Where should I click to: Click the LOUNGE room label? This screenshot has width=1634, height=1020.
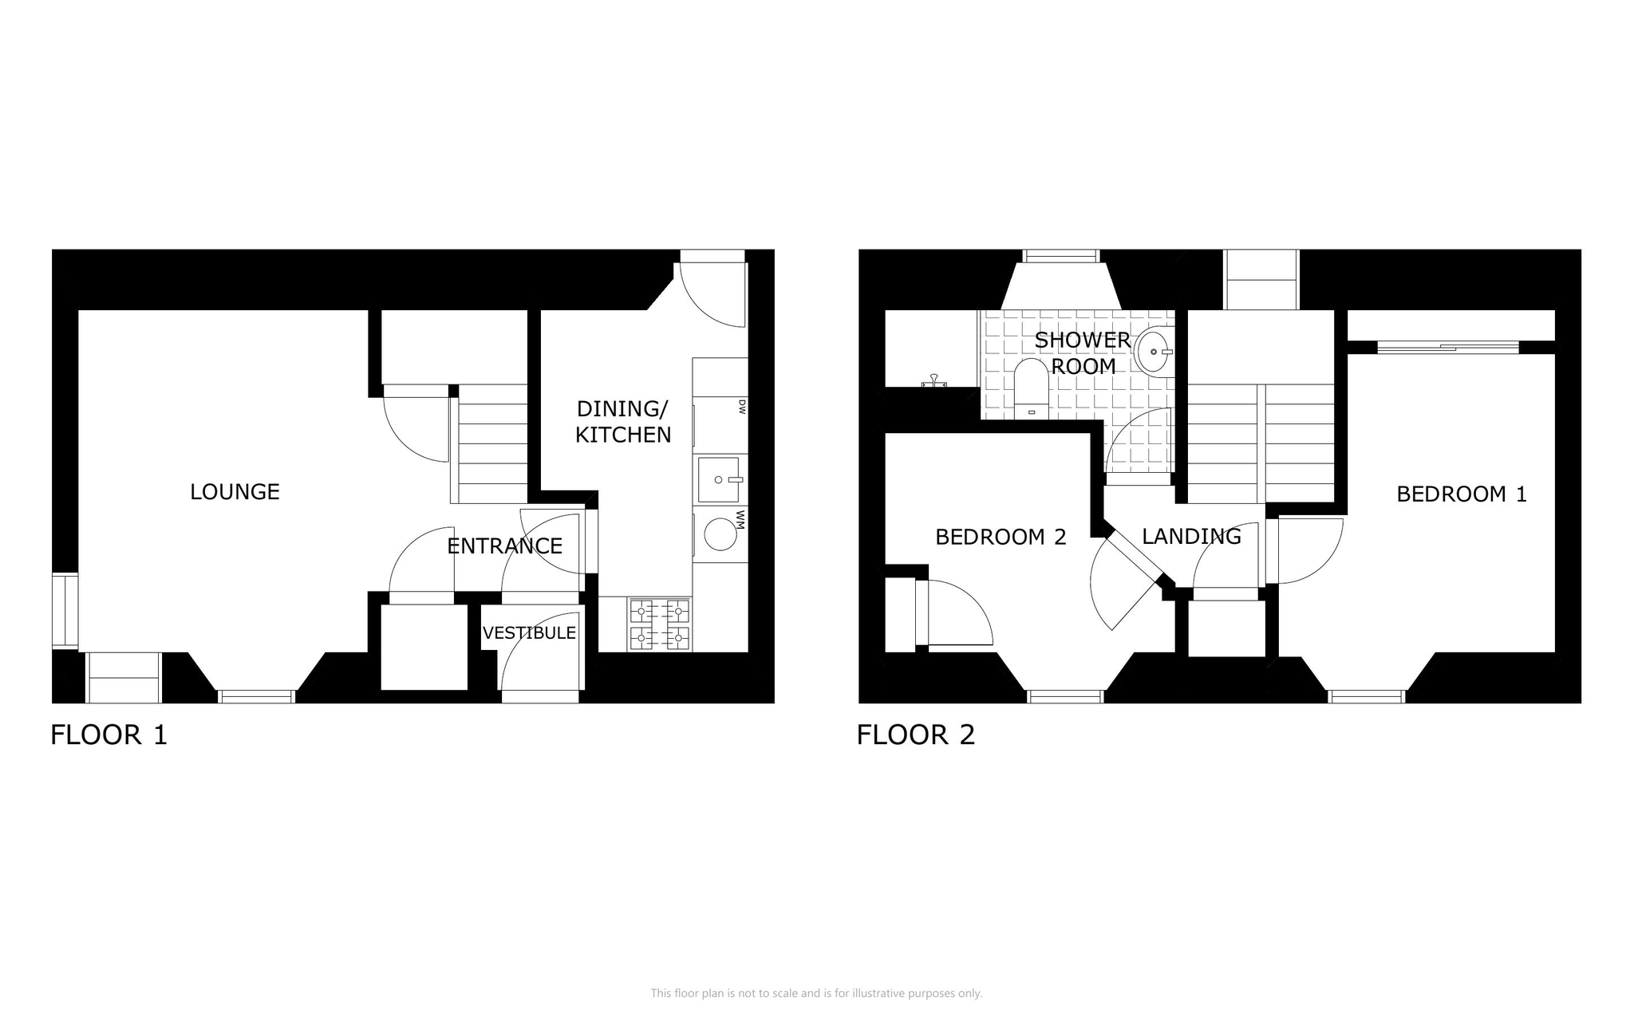click(x=235, y=492)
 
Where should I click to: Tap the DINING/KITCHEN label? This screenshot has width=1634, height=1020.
click(x=623, y=422)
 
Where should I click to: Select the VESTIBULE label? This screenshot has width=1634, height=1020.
click(x=529, y=633)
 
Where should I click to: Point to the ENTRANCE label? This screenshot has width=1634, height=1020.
click(x=504, y=546)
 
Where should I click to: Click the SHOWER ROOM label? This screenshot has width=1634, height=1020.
click(x=1083, y=353)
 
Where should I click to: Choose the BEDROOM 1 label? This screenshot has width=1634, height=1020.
click(x=1462, y=494)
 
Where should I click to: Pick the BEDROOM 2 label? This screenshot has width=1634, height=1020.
click(x=1001, y=538)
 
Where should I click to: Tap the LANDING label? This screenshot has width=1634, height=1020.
click(x=1191, y=537)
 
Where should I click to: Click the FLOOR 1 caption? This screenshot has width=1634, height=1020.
click(x=109, y=734)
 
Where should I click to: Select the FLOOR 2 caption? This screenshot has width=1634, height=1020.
click(x=916, y=734)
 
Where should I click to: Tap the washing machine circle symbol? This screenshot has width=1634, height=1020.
click(x=720, y=534)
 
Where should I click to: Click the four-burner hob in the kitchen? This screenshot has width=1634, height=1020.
click(x=660, y=624)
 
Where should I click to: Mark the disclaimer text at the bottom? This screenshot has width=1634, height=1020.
click(x=816, y=993)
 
